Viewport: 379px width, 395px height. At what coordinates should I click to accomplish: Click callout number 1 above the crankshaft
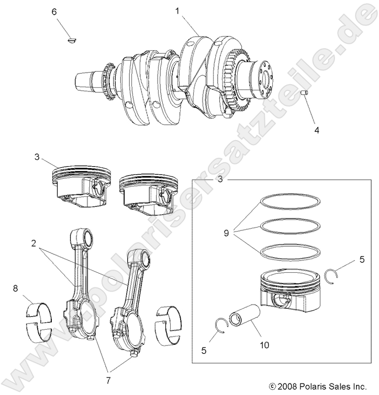coord(178,10)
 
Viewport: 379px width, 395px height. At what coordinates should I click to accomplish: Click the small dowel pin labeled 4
coord(303,92)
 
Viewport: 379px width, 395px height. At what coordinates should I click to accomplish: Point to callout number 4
coord(316,129)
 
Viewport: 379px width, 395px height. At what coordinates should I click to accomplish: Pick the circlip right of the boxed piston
coord(331,275)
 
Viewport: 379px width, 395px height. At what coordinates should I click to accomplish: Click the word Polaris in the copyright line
coord(314,387)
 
